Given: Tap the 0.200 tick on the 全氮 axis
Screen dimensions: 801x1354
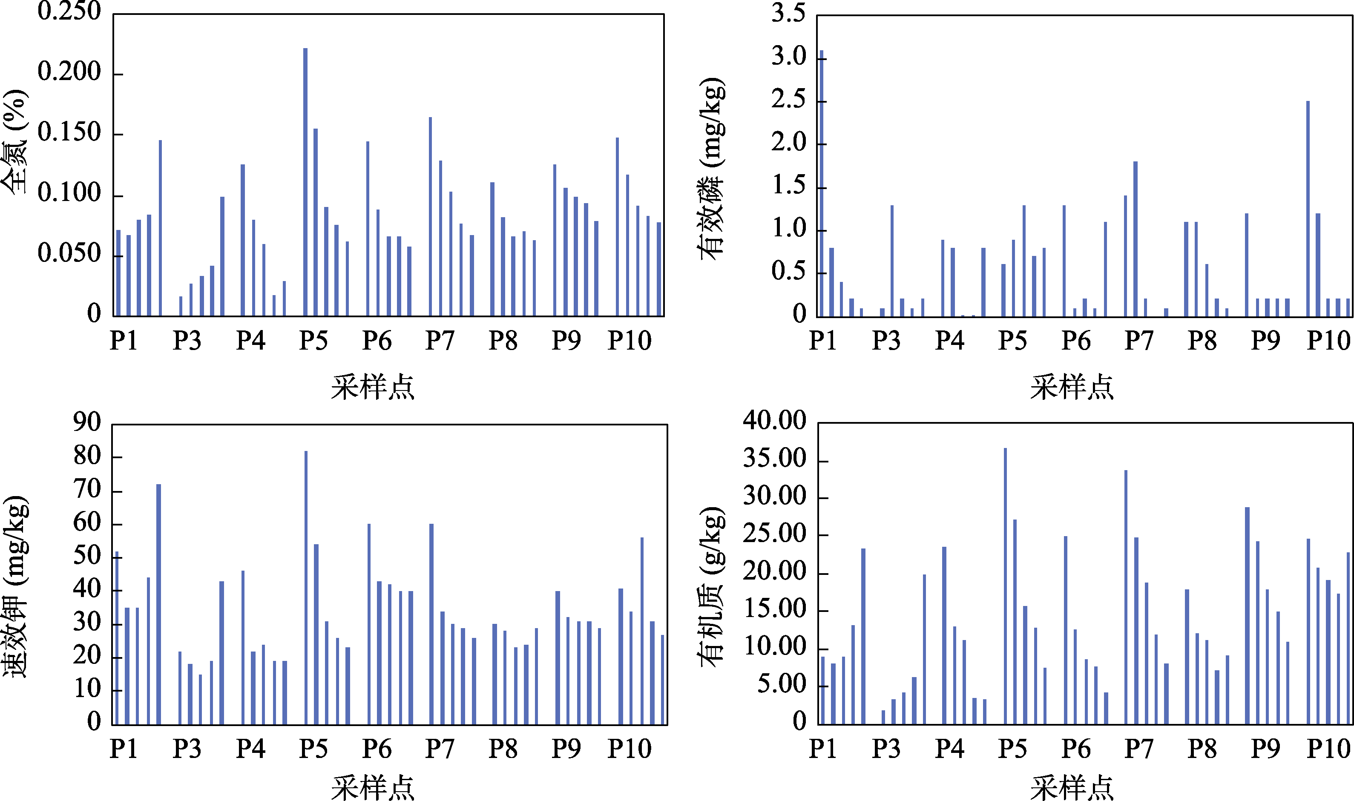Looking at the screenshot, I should pos(69,72).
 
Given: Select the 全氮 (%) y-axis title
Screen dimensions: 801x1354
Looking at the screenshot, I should pos(14,141).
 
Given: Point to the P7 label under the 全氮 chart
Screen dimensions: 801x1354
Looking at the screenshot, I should pos(440,341).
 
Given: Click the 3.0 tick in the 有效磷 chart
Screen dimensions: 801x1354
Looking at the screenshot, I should pos(788,57).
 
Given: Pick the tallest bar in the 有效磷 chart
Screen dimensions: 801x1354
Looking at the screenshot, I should pos(822,184).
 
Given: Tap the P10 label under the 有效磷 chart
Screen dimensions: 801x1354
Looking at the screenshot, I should pos(1328,341).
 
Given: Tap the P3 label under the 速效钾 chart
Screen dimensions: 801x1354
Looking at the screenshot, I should pos(187,749).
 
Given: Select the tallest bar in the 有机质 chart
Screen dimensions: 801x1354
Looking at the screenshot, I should pos(1005,586).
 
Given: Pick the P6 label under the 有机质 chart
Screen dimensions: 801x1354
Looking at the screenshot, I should pos(1075,749).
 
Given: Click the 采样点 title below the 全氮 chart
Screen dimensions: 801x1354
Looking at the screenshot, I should pos(373,388).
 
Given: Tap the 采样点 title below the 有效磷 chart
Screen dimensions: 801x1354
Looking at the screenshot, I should pos(1072,388).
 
